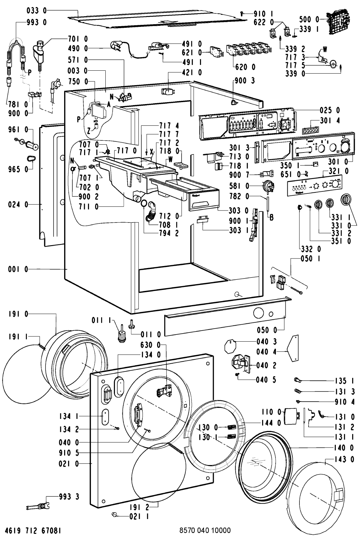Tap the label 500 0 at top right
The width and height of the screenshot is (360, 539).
point(309,19)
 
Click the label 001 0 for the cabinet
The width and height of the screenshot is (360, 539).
point(18,269)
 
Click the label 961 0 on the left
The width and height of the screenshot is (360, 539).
point(18,130)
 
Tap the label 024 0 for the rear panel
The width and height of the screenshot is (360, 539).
point(18,205)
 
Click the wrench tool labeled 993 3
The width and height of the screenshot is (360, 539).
point(37,507)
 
